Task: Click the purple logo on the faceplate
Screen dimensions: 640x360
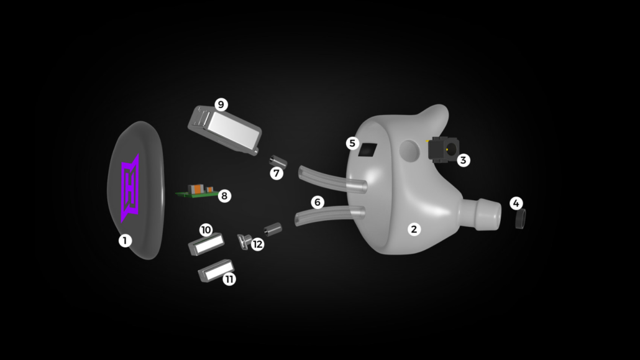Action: tap(130, 188)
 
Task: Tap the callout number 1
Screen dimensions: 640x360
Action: tap(125, 241)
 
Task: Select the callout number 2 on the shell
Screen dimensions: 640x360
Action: tap(414, 229)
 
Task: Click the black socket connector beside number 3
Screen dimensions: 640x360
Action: tap(443, 150)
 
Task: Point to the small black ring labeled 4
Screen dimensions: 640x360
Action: tap(520, 219)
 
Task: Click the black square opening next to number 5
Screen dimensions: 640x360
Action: tap(367, 150)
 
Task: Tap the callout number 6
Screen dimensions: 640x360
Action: tap(318, 202)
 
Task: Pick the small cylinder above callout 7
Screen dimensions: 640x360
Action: tap(278, 161)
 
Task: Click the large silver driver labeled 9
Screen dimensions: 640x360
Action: tap(224, 130)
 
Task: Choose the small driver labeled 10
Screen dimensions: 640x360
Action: tap(206, 244)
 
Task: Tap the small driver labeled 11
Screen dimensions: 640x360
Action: tap(216, 270)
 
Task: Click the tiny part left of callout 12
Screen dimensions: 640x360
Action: tap(244, 241)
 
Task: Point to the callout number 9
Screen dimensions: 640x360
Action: tap(221, 104)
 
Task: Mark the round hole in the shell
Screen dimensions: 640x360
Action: tap(409, 150)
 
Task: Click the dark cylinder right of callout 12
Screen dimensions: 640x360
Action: tap(273, 229)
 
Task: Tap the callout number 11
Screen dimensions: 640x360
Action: tap(229, 279)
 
